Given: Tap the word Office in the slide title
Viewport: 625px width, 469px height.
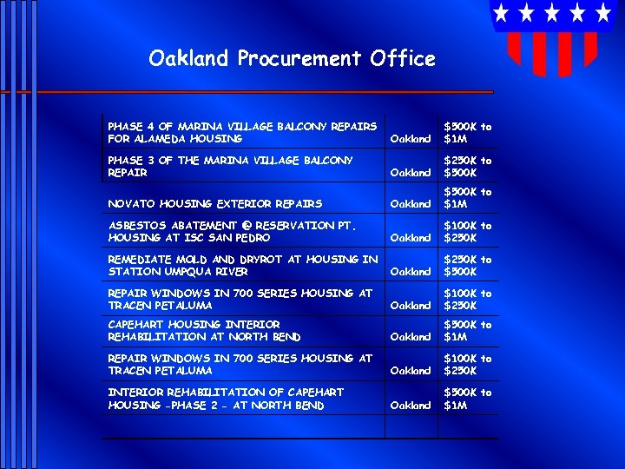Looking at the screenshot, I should pyautogui.click(x=402, y=59).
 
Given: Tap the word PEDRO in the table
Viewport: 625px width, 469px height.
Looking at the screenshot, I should pyautogui.click(x=253, y=238).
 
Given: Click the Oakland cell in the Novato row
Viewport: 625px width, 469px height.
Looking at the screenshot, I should pyautogui.click(x=411, y=204).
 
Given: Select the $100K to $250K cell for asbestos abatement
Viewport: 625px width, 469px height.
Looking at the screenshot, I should pyautogui.click(x=467, y=232).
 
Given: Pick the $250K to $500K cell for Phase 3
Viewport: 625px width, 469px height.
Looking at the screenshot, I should pyautogui.click(x=467, y=167).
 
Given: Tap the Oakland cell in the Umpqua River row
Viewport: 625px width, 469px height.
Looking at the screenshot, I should pyautogui.click(x=411, y=272).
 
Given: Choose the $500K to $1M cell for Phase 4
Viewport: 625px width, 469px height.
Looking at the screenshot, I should pyautogui.click(x=467, y=133).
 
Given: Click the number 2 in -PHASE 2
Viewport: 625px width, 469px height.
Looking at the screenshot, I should pyautogui.click(x=216, y=406).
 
